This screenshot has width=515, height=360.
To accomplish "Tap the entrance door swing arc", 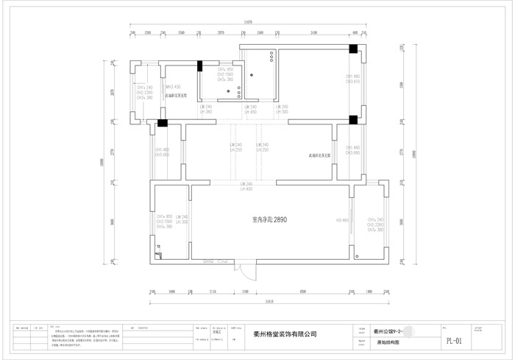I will [x=250, y=271].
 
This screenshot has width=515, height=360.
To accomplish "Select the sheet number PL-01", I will [x=454, y=341].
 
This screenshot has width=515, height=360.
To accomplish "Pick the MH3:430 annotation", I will [x=172, y=87].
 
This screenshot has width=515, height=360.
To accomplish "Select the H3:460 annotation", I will [x=341, y=220].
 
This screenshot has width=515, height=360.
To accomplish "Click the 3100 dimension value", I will [x=313, y=33].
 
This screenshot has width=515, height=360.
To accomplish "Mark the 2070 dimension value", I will [x=221, y=33].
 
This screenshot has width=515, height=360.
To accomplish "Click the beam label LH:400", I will [x=246, y=189].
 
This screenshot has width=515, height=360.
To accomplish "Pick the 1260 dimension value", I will [x=148, y=33].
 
